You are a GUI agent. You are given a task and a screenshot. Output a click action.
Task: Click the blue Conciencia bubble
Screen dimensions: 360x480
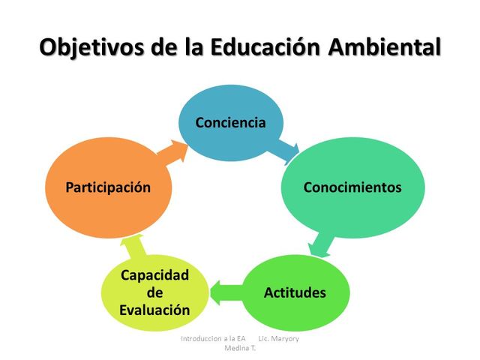[230, 122]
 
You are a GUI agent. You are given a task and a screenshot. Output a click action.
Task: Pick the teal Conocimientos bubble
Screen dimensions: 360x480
[352, 187]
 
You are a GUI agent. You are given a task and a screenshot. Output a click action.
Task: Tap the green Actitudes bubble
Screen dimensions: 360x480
[295, 292]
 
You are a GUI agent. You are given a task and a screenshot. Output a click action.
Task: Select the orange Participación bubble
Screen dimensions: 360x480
[108, 187]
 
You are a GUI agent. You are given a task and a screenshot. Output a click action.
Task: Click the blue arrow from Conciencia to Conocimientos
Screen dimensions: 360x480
[283, 149]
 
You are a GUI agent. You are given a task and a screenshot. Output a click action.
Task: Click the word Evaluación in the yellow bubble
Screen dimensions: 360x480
[155, 310]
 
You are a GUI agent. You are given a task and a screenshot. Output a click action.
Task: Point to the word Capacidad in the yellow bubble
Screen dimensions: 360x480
[155, 275]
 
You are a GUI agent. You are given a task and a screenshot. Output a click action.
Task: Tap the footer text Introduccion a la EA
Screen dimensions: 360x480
[214, 339]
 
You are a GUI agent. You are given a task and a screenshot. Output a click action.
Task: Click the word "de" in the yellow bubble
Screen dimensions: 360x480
[155, 292]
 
